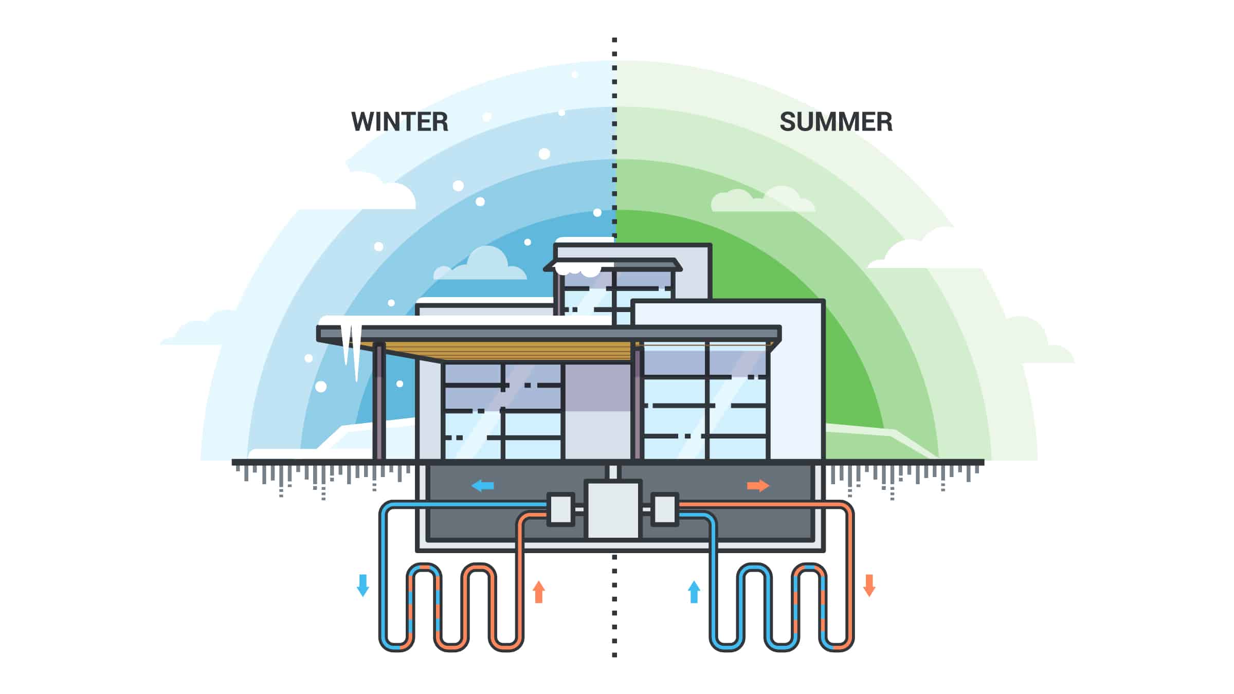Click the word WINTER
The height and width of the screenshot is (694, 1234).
pyautogui.click(x=400, y=122)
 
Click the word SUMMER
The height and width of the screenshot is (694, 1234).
pyautogui.click(x=836, y=122)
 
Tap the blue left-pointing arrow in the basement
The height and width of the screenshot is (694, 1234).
pyautogui.click(x=483, y=485)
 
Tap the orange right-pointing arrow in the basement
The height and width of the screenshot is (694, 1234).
pyautogui.click(x=758, y=485)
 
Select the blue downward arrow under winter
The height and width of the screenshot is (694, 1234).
pyautogui.click(x=363, y=585)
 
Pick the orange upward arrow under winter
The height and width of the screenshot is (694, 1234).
pyautogui.click(x=539, y=592)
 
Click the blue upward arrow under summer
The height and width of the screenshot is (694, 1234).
pyautogui.click(x=694, y=592)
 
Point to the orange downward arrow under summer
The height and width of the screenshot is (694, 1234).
pyautogui.click(x=869, y=585)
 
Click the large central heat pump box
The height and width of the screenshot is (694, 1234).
pyautogui.click(x=613, y=509)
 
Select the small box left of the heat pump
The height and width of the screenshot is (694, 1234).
pyautogui.click(x=560, y=509)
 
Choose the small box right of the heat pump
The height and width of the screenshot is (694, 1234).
pyautogui.click(x=665, y=509)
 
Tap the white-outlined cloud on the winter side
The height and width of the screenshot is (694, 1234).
pyautogui.click(x=381, y=191)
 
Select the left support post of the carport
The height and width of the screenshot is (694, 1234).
pyautogui.click(x=379, y=401)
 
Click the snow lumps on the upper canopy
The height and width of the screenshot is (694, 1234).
pyautogui.click(x=578, y=269)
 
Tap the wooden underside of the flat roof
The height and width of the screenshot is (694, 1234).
pyautogui.click(x=509, y=351)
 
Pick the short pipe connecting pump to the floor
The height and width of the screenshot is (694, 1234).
pyautogui.click(x=613, y=472)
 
